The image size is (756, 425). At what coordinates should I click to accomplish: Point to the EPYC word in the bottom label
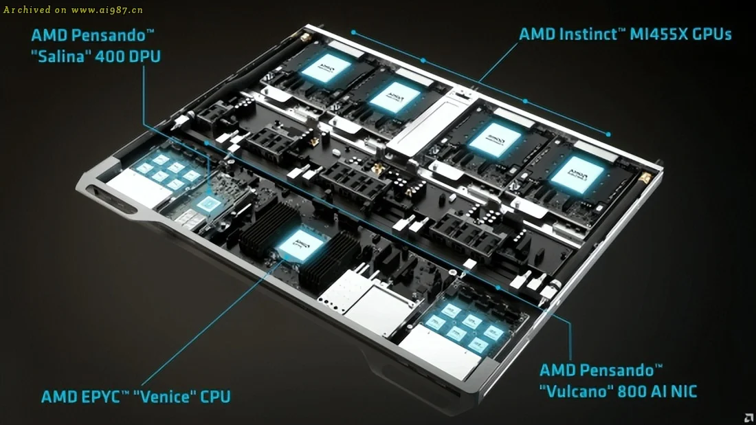(98, 397)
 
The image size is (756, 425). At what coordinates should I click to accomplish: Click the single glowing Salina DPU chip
(207, 202)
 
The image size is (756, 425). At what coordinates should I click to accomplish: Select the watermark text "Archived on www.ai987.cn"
(73, 10)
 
